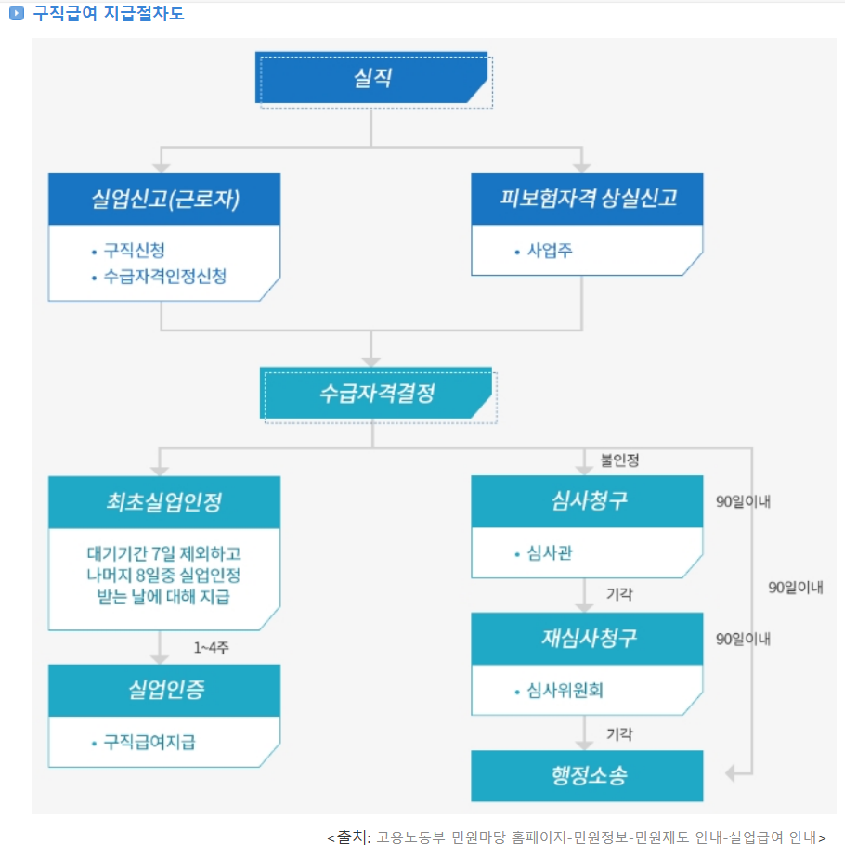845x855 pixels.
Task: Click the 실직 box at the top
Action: coord(371,78)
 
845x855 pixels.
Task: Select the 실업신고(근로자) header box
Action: coord(164,199)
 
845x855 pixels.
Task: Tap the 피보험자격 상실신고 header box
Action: coord(587,199)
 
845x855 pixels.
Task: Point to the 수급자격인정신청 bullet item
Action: coord(164,277)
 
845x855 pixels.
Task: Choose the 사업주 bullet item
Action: coord(549,251)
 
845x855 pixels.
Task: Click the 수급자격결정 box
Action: coord(375,393)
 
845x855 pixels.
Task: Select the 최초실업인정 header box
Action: coord(164,502)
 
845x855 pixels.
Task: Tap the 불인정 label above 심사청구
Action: coord(619,460)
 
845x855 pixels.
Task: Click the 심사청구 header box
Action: coord(587,502)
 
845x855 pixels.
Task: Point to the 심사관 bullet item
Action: coord(549,554)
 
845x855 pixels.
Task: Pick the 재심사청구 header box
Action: coord(587,639)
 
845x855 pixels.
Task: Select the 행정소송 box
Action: coord(587,775)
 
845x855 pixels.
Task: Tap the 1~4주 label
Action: coord(212,648)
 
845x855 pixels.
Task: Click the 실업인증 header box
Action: coord(164,691)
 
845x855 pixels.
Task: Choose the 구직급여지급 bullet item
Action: coord(149,743)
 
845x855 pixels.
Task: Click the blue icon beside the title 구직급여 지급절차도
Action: coord(16,14)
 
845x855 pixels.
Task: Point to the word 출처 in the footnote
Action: coord(354,837)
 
